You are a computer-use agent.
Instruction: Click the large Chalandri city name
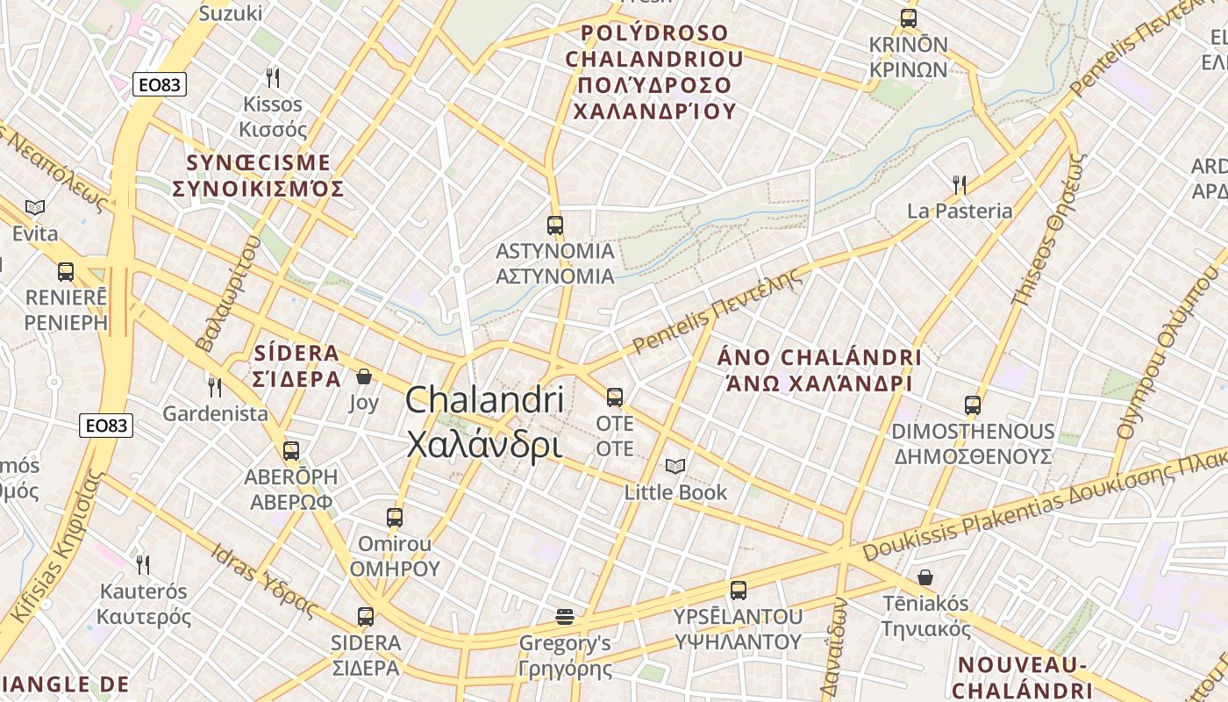click(484, 422)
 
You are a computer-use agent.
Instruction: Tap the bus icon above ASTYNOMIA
click(555, 226)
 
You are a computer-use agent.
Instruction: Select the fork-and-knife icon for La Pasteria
click(960, 184)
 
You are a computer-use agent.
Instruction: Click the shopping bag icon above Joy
click(364, 376)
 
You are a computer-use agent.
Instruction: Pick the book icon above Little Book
click(675, 466)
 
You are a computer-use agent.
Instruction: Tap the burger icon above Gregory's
click(565, 617)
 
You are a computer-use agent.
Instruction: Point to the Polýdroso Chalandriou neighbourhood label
click(653, 72)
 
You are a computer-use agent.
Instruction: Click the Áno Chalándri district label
click(819, 370)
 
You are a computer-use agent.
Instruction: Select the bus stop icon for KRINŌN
click(909, 18)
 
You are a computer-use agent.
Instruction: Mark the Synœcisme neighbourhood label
click(259, 175)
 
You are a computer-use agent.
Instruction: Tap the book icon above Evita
click(35, 207)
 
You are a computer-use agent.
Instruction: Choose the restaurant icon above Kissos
click(273, 77)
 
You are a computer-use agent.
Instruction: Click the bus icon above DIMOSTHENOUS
click(973, 405)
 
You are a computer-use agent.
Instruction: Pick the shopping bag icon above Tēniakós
click(925, 577)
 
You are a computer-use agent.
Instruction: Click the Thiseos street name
click(1049, 231)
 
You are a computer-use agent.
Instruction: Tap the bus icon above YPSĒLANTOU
click(739, 591)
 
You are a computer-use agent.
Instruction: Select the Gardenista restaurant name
click(216, 413)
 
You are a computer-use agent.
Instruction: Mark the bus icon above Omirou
click(395, 518)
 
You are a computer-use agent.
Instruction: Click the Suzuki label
click(231, 13)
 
